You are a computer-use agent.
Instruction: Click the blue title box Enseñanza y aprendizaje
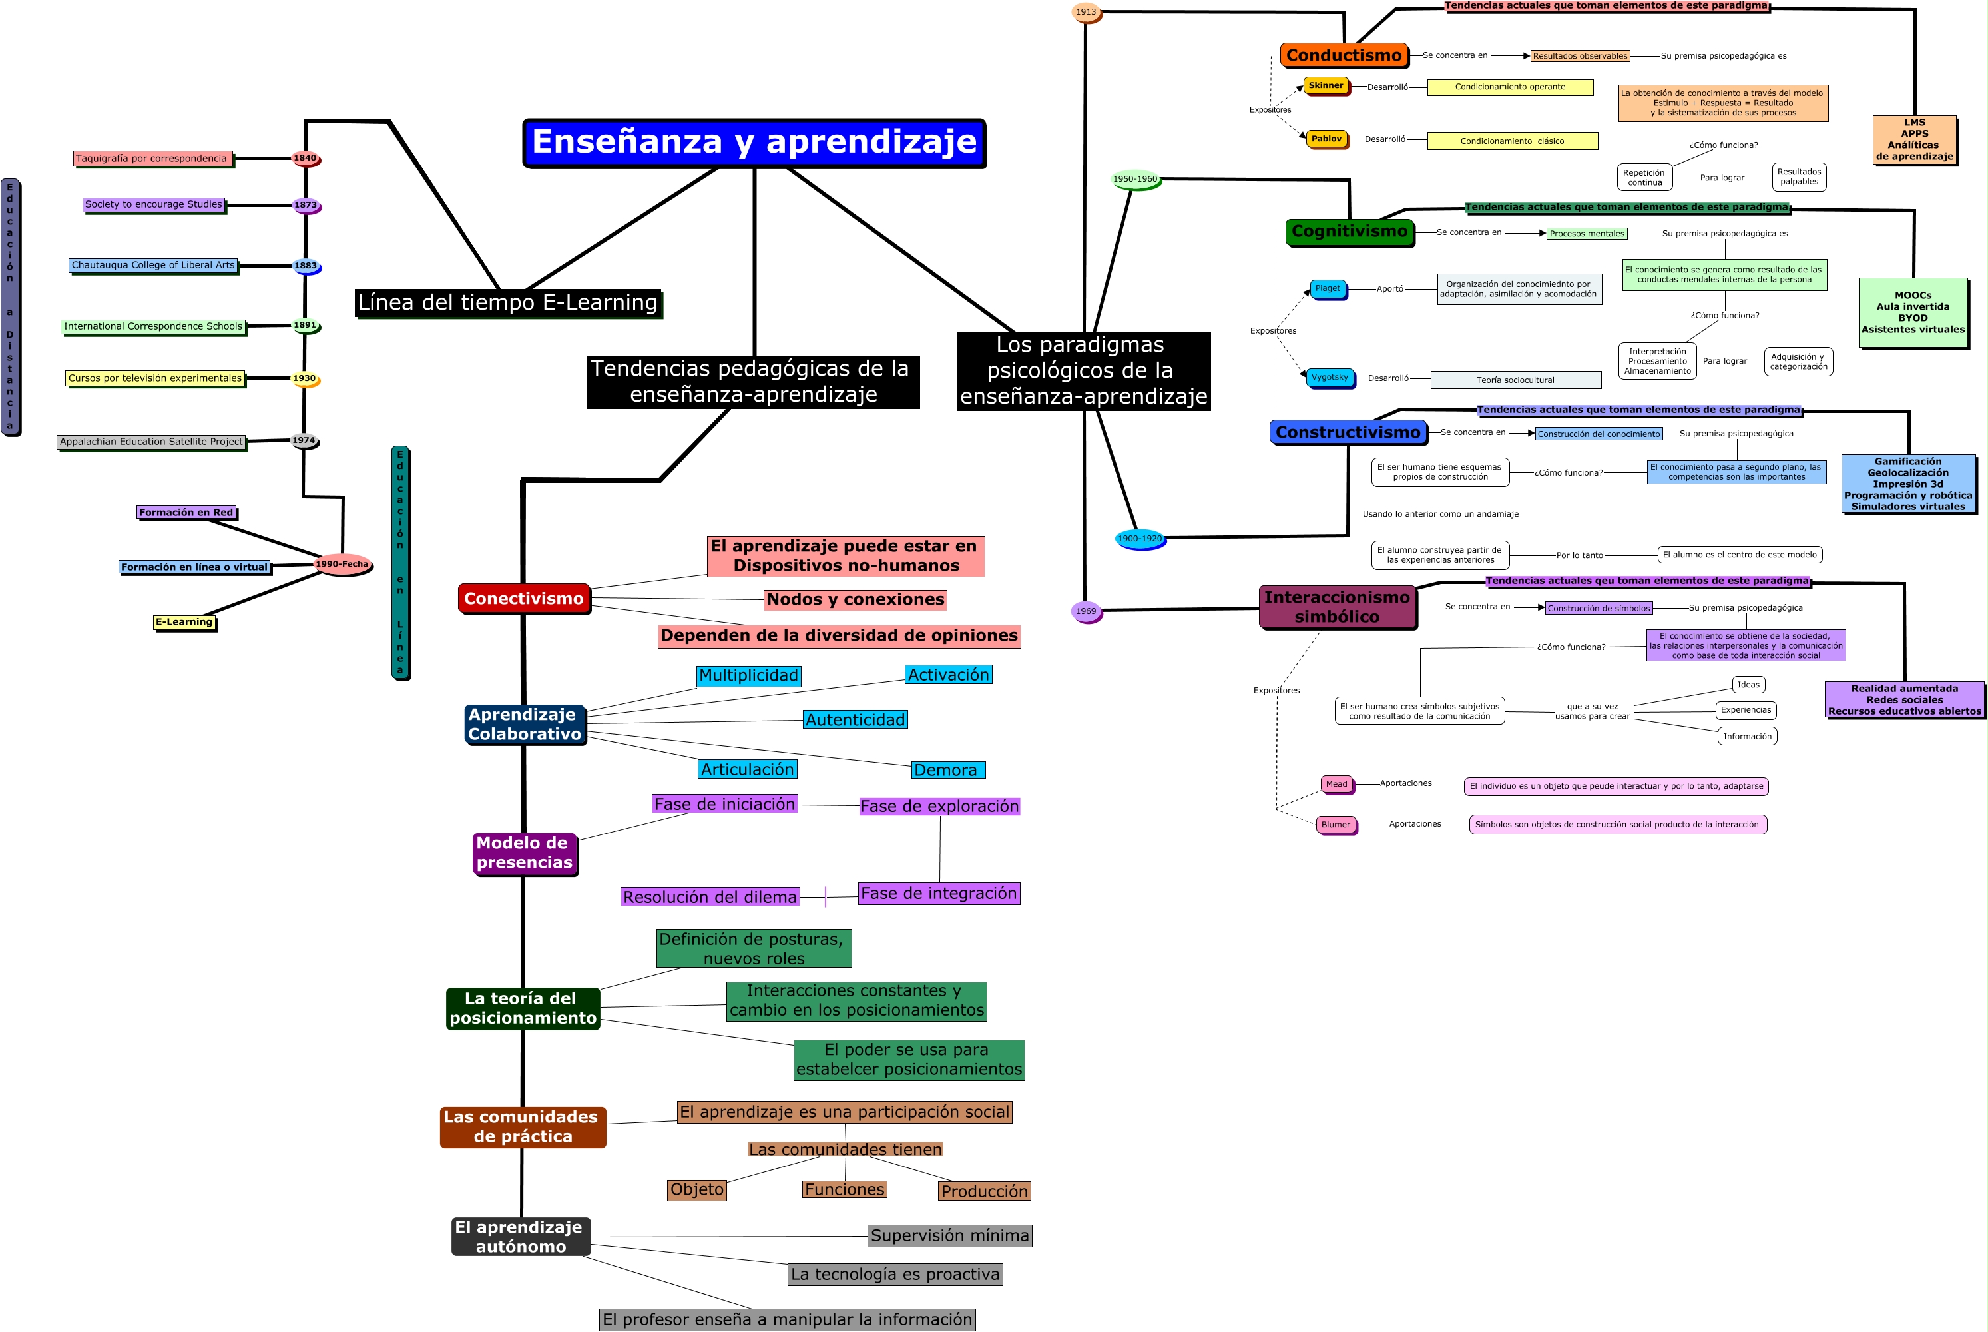pyautogui.click(x=754, y=142)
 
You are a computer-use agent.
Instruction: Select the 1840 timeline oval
pyautogui.click(x=305, y=158)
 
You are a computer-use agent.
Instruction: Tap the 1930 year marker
pyautogui.click(x=305, y=379)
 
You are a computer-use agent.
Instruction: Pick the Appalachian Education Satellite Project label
pyautogui.click(x=151, y=442)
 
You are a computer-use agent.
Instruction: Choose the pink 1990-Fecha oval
pyautogui.click(x=342, y=564)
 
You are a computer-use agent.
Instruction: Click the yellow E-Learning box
pyautogui.click(x=184, y=623)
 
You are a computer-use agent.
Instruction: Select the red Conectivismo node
pyautogui.click(x=523, y=599)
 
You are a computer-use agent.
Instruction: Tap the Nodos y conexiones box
pyautogui.click(x=855, y=600)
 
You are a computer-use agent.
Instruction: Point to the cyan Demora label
pyautogui.click(x=947, y=770)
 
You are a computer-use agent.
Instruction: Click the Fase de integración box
pyautogui.click(x=938, y=894)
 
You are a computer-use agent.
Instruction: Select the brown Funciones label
pyautogui.click(x=845, y=1190)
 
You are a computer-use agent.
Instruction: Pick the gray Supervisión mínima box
pyautogui.click(x=949, y=1236)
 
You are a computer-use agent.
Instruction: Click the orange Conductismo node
pyautogui.click(x=1344, y=55)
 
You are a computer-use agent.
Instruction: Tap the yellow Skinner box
pyautogui.click(x=1326, y=86)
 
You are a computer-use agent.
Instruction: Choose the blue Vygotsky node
pyautogui.click(x=1330, y=377)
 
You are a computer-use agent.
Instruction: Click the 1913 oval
pyautogui.click(x=1086, y=13)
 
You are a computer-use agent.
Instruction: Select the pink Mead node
pyautogui.click(x=1337, y=784)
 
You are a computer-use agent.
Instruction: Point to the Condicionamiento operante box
pyautogui.click(x=1510, y=87)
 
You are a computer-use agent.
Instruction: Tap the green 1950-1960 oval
pyautogui.click(x=1135, y=179)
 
